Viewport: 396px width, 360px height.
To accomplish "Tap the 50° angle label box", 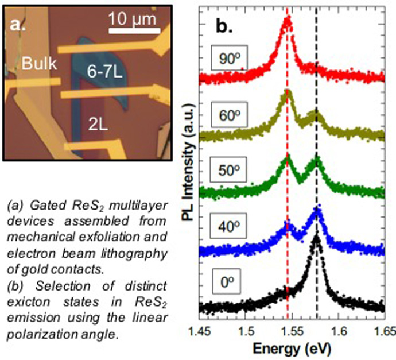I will (x=228, y=171).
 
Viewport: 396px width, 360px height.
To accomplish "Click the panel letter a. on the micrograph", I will (x=17, y=24).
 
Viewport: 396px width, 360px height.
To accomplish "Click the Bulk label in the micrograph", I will (x=38, y=64).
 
